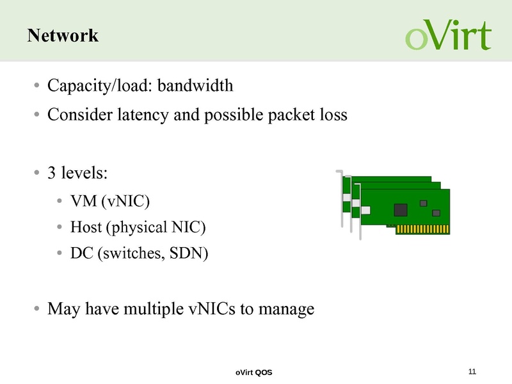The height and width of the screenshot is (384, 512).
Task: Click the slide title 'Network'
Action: click(x=63, y=36)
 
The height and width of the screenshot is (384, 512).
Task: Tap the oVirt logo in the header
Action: click(x=448, y=36)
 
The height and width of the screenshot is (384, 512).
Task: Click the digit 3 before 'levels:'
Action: click(x=52, y=173)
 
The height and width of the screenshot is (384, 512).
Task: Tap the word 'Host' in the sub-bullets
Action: click(x=84, y=227)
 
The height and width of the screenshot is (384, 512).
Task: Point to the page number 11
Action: click(x=473, y=372)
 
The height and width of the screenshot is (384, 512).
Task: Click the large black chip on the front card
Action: click(x=401, y=209)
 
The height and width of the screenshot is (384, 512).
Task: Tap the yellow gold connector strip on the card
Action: click(x=420, y=228)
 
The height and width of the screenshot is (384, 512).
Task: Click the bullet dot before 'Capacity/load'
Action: click(x=38, y=86)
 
